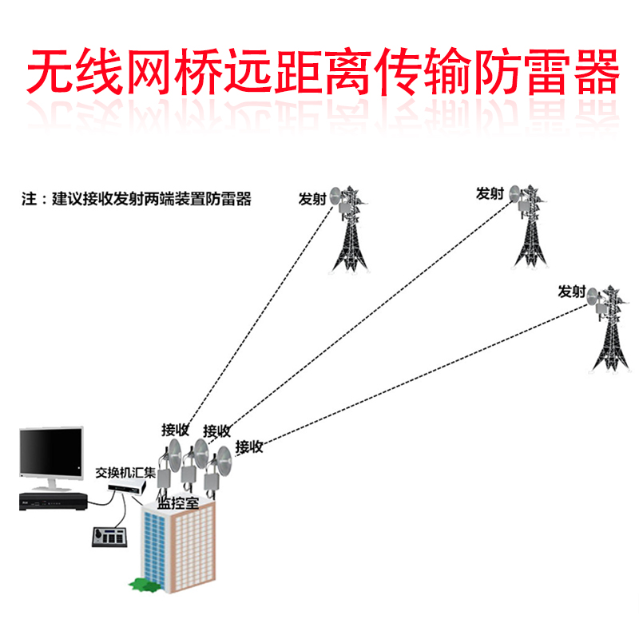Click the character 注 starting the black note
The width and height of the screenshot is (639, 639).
pos(28,200)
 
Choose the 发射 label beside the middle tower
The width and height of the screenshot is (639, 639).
pos(490,193)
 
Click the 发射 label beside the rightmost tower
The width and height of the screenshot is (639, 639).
pos(572,292)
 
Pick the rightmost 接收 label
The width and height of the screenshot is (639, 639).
pos(249,447)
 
